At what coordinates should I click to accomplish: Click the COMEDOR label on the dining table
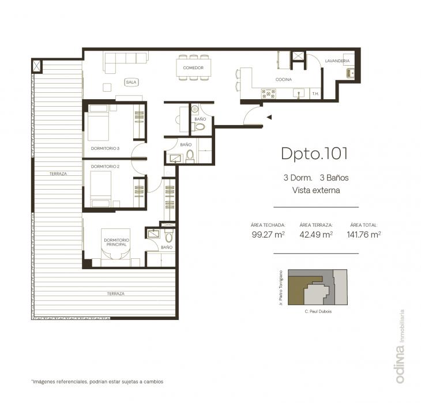click(x=193, y=67)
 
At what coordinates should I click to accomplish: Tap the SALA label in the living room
click(x=131, y=82)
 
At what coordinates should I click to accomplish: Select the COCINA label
click(x=284, y=80)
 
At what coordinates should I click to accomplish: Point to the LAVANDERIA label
click(x=337, y=61)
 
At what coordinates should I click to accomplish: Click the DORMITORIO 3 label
click(x=105, y=148)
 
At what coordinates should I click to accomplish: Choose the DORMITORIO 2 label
click(x=105, y=167)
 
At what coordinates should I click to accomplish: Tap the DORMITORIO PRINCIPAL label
click(x=116, y=242)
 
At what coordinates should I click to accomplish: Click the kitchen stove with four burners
click(x=269, y=94)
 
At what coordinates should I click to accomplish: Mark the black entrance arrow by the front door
click(x=269, y=117)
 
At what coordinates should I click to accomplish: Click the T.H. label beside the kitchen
click(x=315, y=94)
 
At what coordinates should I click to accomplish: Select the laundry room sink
click(x=350, y=73)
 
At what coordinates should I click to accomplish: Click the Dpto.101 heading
click(x=314, y=153)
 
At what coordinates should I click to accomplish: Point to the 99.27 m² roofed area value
click(x=268, y=235)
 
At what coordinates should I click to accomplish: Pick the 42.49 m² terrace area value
click(x=316, y=235)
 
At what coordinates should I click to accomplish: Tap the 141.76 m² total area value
click(x=364, y=235)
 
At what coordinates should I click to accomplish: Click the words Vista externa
click(x=316, y=190)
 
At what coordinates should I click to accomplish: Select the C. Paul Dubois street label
click(x=318, y=311)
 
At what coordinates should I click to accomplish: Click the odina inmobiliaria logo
click(x=400, y=346)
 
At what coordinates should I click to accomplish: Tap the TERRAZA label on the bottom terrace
click(x=116, y=293)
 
